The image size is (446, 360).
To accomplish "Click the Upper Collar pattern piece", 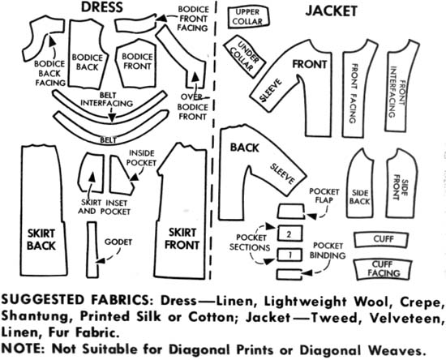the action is coord(248,17).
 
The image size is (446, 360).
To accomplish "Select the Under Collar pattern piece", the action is coord(245,56).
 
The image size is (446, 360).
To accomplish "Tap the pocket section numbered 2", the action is coord(289,234).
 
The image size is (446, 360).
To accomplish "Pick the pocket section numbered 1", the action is coord(289,255).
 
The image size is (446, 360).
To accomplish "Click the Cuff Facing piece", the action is coord(383,268).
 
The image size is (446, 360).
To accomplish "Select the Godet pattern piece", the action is coord(92,250).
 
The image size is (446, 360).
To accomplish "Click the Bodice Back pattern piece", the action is coord(88,54).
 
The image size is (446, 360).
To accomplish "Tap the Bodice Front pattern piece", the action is coord(136,64).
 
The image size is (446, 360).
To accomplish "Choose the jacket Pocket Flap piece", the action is coord(290,211).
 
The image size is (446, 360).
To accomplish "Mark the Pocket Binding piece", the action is coord(289,274).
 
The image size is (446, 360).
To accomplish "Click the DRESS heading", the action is coord(102,7).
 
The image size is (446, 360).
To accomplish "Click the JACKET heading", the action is coord(332,11).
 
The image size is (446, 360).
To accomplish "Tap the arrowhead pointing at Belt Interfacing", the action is coord(113,117).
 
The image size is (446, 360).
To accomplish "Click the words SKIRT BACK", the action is coord(41,239).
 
